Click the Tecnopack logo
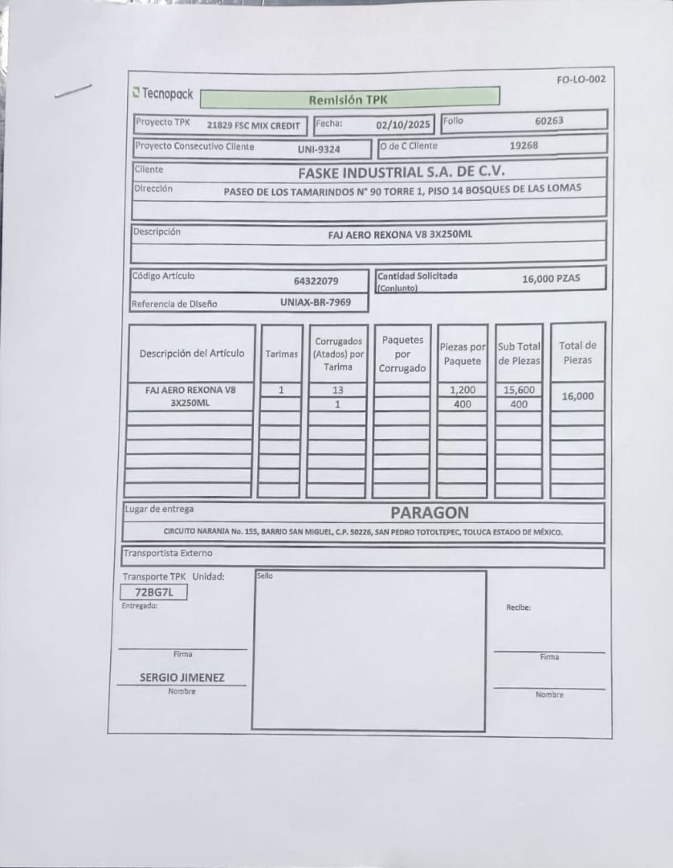point(163,94)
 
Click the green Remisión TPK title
point(348,100)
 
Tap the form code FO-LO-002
point(580,79)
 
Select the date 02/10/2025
point(404,125)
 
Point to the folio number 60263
point(549,121)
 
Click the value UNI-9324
point(319,149)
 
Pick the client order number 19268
point(524,145)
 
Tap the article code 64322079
point(316,280)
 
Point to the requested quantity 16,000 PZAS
point(551,278)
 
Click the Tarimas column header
point(282,354)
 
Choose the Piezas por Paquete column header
point(463,354)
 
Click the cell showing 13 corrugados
point(338,390)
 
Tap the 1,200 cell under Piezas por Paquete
point(463,390)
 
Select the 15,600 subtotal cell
point(519,390)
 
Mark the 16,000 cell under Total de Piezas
point(577,395)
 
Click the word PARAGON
point(430,512)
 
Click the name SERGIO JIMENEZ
point(182,678)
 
